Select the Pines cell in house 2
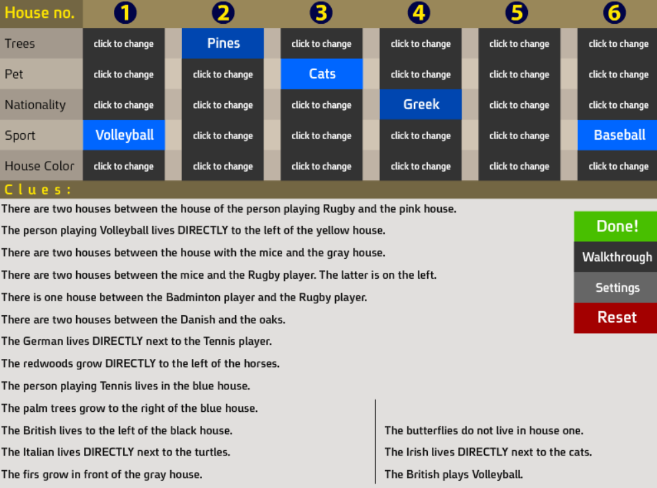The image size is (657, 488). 223,43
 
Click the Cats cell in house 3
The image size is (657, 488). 322,73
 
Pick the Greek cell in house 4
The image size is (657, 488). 421,105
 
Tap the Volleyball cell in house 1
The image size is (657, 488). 124,135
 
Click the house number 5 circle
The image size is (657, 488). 517,13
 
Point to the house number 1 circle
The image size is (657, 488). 125,13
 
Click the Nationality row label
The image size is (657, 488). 35,105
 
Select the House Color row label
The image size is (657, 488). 39,166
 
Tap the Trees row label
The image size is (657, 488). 20,44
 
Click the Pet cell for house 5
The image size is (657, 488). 519,73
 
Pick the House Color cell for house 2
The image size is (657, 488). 223,166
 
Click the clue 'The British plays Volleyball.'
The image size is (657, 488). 454,474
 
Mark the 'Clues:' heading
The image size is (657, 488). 37,190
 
